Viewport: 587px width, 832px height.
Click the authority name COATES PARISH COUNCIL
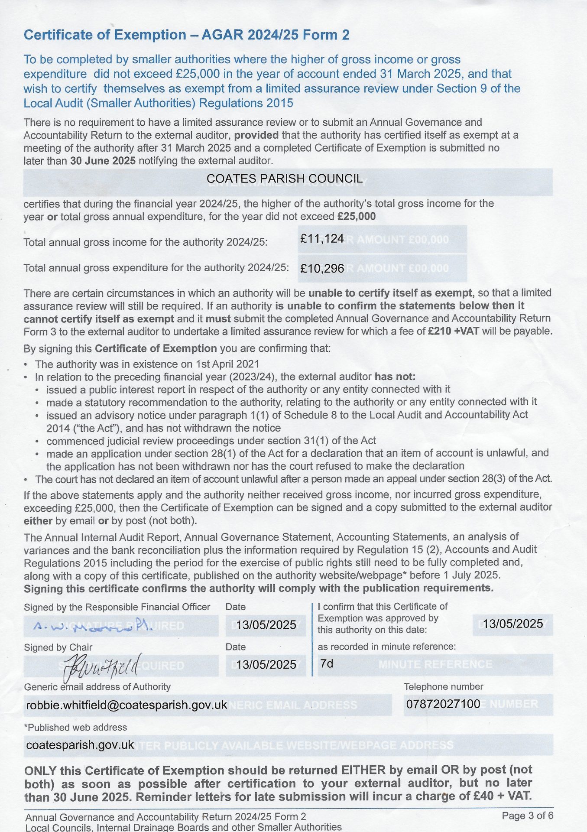tap(284, 179)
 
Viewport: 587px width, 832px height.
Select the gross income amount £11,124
tap(322, 239)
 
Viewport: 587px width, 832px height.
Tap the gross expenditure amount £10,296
tap(322, 269)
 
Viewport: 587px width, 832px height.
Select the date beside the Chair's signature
tap(266, 665)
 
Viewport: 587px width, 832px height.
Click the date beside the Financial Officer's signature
tap(266, 625)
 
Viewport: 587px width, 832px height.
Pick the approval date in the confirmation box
tap(512, 624)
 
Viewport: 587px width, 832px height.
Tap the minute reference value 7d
tap(327, 663)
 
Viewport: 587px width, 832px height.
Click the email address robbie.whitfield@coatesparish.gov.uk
tap(126, 705)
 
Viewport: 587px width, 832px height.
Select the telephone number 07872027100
tap(443, 704)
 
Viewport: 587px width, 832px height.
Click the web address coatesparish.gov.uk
tap(80, 745)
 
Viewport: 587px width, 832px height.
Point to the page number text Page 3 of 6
tap(527, 816)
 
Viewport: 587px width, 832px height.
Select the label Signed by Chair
tap(58, 647)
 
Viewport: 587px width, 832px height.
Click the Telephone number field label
tap(443, 687)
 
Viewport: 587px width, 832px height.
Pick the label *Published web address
tap(75, 728)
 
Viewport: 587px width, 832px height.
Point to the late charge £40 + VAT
tap(503, 796)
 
